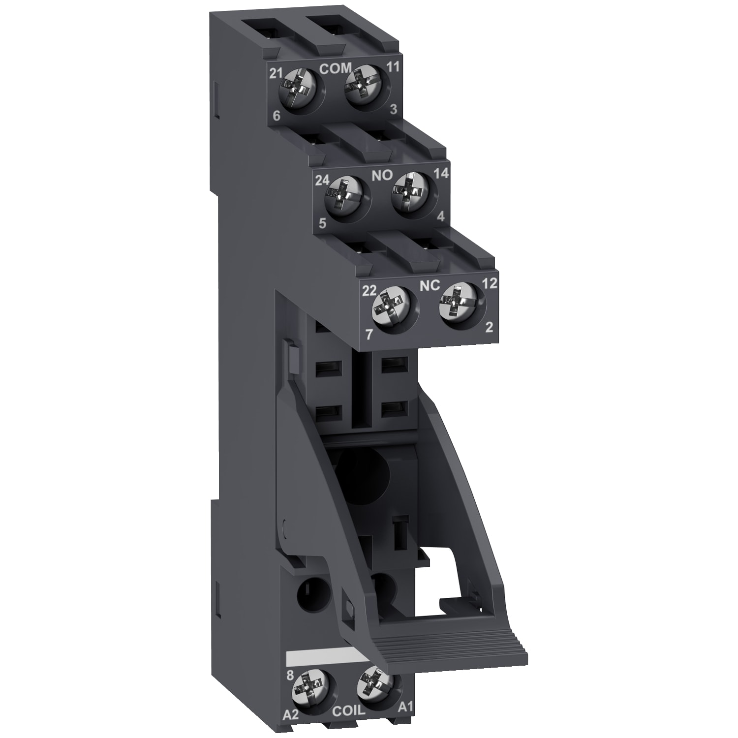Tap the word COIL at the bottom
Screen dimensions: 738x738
click(349, 711)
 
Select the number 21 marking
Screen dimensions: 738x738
click(277, 73)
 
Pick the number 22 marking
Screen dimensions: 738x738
click(370, 290)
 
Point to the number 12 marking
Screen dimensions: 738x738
click(491, 283)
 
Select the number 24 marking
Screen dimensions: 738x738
click(322, 181)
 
